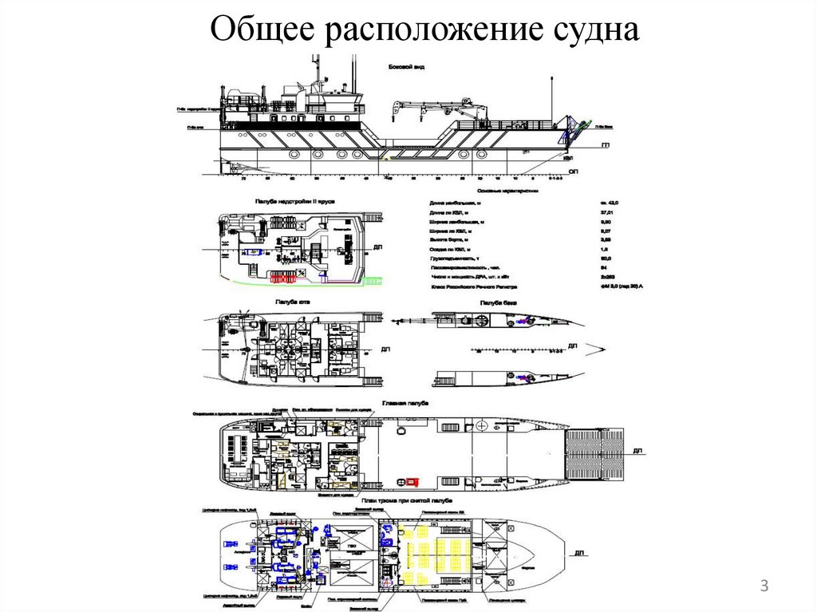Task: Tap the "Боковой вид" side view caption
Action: (406, 66)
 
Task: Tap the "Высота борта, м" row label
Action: (451, 239)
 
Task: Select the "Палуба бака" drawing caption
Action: (497, 303)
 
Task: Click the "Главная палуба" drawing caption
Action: (405, 403)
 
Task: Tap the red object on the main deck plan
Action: (412, 481)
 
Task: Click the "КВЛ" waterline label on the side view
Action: (568, 159)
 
